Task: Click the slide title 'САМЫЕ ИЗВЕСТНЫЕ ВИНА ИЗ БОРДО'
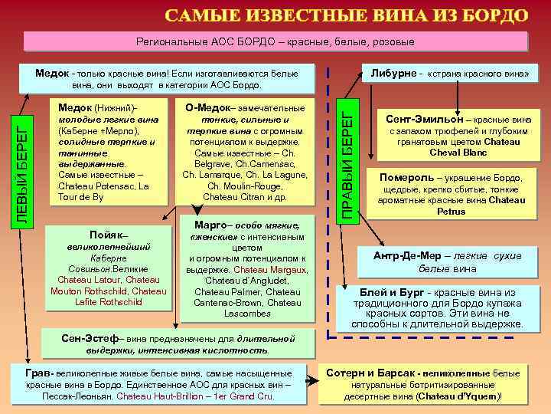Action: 347,15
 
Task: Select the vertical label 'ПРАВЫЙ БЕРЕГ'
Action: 347,164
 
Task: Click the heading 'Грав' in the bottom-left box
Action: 39,373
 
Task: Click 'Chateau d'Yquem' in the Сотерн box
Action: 458,396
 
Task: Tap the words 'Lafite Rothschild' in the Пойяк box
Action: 109,301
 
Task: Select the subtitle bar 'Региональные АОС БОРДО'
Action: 275,41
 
